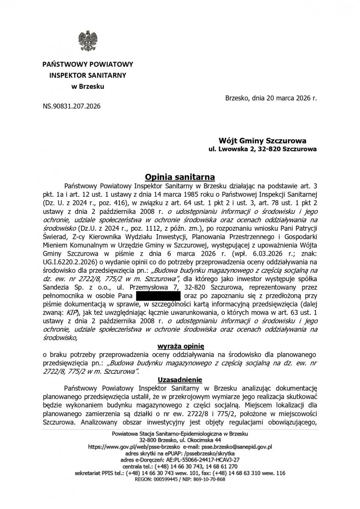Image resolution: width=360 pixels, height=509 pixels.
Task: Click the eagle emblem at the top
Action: (x=87, y=41)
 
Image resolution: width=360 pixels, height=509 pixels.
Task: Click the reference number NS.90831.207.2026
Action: (x=72, y=106)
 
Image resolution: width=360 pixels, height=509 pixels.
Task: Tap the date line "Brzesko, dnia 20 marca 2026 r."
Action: (x=271, y=98)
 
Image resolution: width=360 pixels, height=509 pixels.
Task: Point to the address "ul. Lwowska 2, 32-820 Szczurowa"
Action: (x=262, y=149)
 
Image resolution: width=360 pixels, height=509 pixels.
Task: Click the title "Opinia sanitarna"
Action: (x=180, y=176)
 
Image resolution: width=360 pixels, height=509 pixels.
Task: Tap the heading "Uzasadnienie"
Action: (x=180, y=379)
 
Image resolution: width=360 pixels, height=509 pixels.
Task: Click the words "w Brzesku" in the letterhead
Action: (x=87, y=87)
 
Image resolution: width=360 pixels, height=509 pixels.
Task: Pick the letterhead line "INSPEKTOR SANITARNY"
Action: (x=87, y=76)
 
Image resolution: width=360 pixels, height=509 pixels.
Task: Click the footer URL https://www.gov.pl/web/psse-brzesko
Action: (x=133, y=447)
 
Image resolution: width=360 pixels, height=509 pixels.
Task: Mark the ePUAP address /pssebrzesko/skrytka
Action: (x=207, y=453)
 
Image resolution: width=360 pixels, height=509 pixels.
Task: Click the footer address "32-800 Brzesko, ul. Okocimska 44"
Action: (x=180, y=440)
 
